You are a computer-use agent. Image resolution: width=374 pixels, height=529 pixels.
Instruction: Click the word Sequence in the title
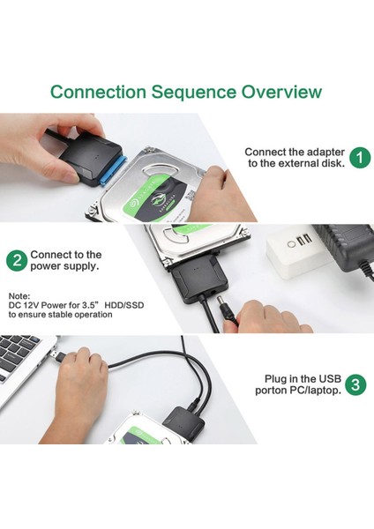pyautogui.click(x=193, y=92)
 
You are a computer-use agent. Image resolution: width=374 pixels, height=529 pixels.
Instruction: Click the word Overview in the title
pyautogui.click(x=281, y=92)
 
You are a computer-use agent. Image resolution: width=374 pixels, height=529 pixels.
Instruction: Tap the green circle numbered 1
pyautogui.click(x=360, y=158)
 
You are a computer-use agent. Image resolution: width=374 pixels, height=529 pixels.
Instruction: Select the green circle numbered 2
pyautogui.click(x=17, y=260)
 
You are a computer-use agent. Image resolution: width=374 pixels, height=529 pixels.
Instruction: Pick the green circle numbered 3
pyautogui.click(x=355, y=384)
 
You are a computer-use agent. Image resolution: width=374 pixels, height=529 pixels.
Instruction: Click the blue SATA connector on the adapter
pyautogui.click(x=114, y=170)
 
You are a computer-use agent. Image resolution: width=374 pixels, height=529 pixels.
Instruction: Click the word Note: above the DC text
pyautogui.click(x=19, y=296)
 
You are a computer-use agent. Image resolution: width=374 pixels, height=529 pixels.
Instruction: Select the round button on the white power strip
pyautogui.click(x=290, y=243)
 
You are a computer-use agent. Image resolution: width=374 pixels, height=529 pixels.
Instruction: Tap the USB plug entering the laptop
pyautogui.click(x=56, y=356)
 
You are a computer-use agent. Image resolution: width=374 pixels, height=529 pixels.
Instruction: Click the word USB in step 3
pyautogui.click(x=330, y=379)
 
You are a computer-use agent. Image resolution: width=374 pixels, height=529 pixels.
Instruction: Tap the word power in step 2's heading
pyautogui.click(x=45, y=266)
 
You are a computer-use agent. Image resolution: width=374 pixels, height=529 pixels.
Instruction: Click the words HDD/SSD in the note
pyautogui.click(x=124, y=305)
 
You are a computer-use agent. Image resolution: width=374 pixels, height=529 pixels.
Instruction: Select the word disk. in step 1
pyautogui.click(x=333, y=163)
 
